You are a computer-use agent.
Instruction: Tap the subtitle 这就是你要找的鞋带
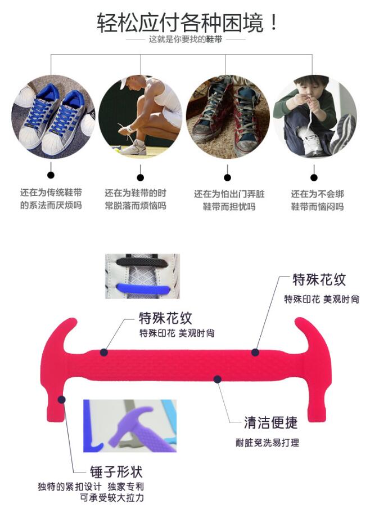(189, 40)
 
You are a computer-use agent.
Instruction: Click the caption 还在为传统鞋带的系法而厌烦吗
(51, 199)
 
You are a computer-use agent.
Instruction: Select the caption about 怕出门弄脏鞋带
(229, 200)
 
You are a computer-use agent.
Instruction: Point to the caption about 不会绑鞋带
(317, 200)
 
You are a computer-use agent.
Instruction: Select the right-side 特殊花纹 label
(319, 279)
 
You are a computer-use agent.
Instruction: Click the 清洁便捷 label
(270, 422)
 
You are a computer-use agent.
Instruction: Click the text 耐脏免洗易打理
(267, 443)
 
